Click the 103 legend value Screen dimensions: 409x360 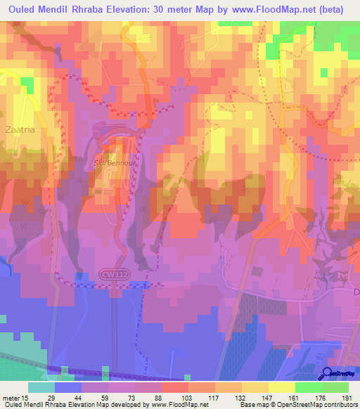(x=186, y=397)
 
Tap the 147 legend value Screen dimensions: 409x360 (x=265, y=397)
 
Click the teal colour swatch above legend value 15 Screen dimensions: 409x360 (x=41, y=387)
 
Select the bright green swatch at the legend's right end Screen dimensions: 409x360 (x=335, y=387)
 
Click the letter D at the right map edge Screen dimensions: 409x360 (x=356, y=291)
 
